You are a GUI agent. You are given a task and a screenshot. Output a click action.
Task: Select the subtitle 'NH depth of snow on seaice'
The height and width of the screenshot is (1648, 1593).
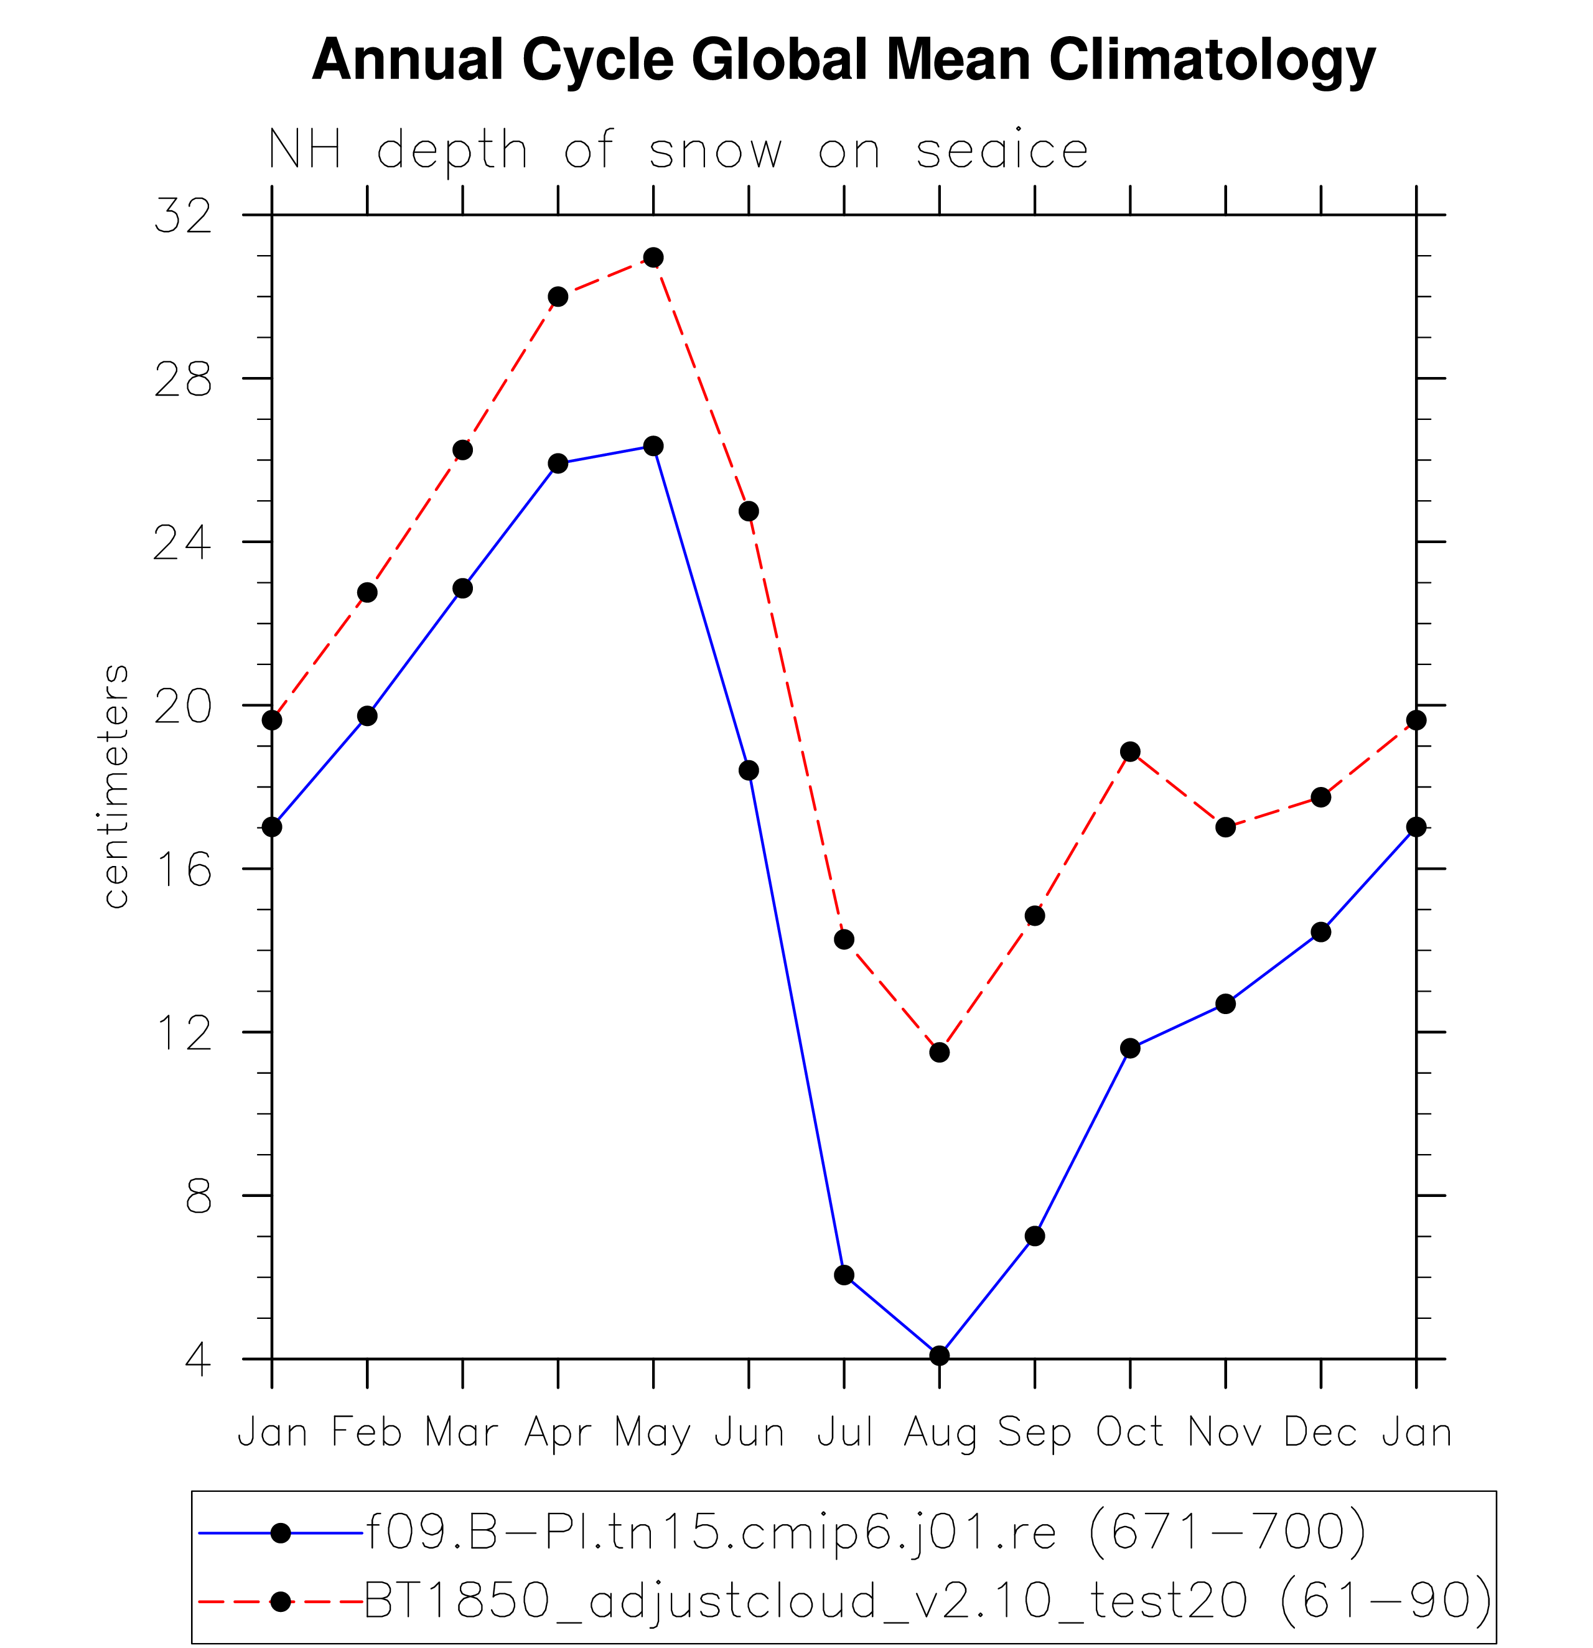tap(678, 151)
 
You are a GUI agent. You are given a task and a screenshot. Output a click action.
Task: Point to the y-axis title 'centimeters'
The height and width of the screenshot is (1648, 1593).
tap(116, 786)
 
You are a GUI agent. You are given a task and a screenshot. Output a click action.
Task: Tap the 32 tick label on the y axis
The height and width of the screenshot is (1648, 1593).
tap(182, 215)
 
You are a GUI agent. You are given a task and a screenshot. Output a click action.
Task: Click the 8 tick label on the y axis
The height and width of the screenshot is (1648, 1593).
tap(199, 1196)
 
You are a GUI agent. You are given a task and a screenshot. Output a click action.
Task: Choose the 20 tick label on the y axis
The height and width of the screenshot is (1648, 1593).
tap(182, 706)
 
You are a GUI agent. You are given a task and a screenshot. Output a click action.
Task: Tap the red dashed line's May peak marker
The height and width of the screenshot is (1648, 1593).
tap(653, 258)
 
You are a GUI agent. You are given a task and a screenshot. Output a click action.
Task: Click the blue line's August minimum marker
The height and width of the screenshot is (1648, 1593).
tap(940, 1356)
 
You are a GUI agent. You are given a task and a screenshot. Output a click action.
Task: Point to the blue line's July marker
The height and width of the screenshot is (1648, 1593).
tap(844, 1275)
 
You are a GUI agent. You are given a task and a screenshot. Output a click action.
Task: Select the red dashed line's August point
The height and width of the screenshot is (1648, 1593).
tap(940, 1053)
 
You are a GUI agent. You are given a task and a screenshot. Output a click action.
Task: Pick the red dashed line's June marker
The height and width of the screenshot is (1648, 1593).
tap(749, 511)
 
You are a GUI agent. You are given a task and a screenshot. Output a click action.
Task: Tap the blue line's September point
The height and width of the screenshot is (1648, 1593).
tap(1035, 1236)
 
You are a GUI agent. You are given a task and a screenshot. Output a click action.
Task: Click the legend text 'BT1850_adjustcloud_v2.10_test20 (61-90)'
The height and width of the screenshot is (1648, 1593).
tap(928, 1600)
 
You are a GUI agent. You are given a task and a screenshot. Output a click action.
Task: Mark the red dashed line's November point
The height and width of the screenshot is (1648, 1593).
tap(1225, 827)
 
